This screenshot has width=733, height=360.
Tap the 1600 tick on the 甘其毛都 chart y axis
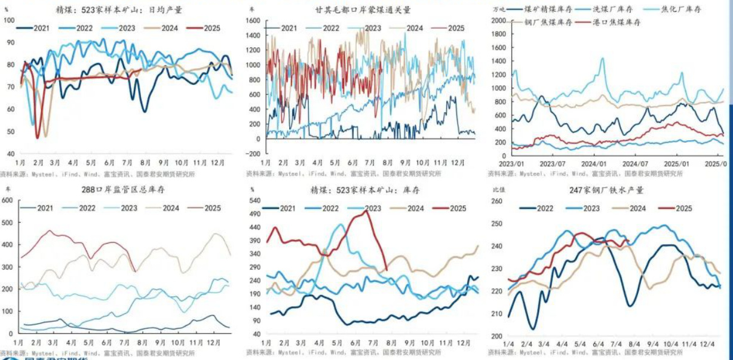[253, 20]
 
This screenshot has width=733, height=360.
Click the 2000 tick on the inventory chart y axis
[498, 20]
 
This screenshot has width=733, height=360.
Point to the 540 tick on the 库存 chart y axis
[254, 200]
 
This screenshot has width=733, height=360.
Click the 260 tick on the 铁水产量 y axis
[498, 201]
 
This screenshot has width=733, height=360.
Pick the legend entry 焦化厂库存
[682, 9]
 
